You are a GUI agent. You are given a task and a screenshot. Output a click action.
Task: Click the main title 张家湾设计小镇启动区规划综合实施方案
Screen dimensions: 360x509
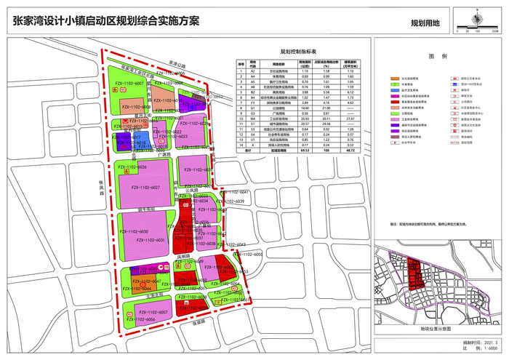[x=106, y=20]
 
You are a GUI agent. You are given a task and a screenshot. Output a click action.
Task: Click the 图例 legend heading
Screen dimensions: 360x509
[x=437, y=56]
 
